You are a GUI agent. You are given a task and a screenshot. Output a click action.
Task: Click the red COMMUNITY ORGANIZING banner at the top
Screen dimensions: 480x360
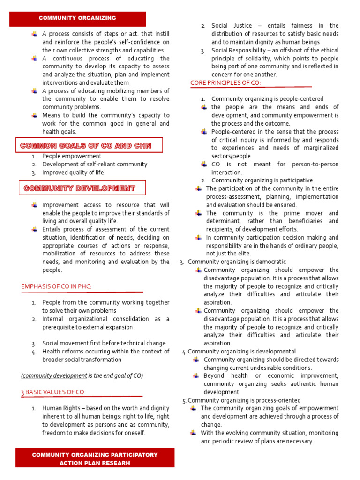point(78,18)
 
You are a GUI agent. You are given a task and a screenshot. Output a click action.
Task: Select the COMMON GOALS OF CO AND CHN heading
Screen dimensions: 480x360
point(86,146)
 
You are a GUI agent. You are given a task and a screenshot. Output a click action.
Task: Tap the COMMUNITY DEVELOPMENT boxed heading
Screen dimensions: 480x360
point(80,188)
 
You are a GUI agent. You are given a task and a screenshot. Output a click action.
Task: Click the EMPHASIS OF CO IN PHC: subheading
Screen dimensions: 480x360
point(56,286)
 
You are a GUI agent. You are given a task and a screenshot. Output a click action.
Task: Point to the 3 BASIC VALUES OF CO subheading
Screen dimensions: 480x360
point(52,392)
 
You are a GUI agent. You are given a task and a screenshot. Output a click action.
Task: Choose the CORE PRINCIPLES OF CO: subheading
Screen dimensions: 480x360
point(225,83)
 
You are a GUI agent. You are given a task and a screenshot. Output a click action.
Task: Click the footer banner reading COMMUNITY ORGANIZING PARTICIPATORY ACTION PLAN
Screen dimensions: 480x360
point(95,458)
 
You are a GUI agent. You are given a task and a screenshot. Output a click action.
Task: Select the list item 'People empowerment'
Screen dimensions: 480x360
point(71,156)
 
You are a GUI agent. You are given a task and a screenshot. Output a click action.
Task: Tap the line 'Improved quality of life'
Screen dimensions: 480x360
point(73,172)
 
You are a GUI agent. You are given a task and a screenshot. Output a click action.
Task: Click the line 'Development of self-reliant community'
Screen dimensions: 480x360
point(94,165)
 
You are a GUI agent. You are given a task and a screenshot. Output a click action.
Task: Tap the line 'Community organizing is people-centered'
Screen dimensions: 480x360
point(267,99)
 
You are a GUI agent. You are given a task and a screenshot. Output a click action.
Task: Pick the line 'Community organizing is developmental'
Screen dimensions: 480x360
point(241,351)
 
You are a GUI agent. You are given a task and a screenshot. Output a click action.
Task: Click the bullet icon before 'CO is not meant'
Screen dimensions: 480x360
point(203,164)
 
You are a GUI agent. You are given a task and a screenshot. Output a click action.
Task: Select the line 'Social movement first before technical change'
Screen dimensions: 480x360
point(104,343)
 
